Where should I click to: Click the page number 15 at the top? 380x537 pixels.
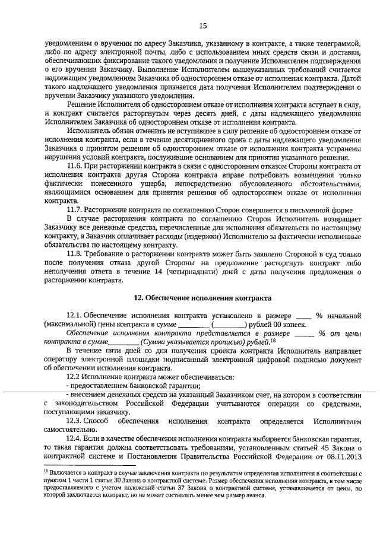tap(202, 26)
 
